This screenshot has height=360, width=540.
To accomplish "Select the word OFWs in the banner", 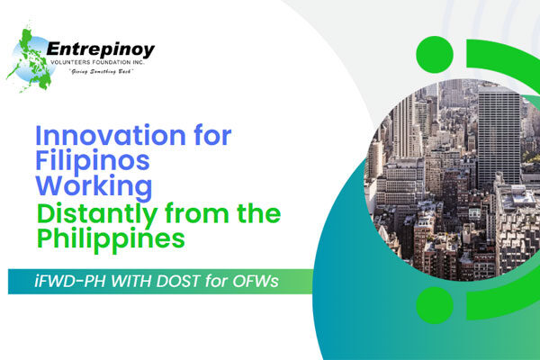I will [259, 280].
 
